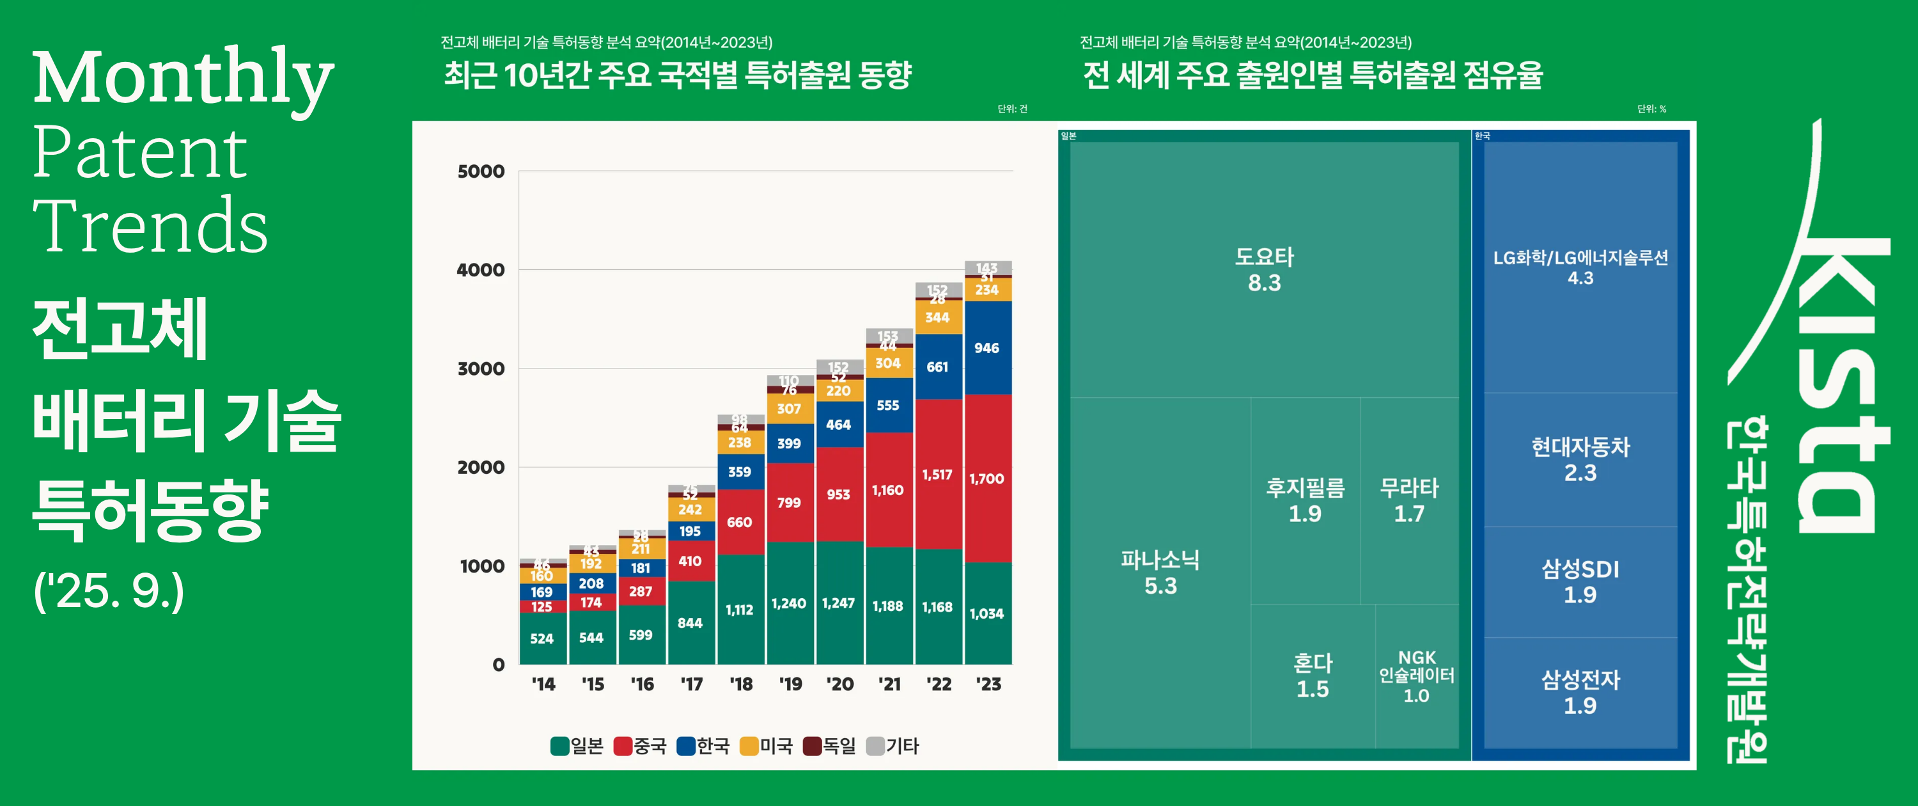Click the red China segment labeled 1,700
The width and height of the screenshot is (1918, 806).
987,478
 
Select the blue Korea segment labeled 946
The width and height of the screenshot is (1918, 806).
987,348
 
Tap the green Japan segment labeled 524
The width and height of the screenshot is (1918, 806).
542,638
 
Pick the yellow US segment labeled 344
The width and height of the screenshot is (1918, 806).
937,318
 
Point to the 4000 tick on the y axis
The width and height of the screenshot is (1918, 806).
481,270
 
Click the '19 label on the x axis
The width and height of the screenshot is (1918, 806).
790,684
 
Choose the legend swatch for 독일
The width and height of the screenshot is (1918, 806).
813,746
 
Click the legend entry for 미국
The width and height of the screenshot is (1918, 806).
767,746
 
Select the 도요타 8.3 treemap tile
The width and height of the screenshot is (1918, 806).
1263,270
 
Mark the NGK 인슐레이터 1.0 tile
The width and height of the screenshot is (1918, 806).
1416,676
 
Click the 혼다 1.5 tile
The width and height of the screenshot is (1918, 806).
1312,676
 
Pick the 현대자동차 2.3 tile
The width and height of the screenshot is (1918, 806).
1580,460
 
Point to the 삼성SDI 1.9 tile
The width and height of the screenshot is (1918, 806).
1580,581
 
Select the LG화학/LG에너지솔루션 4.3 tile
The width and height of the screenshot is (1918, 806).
1580,267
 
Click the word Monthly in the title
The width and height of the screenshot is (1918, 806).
183,77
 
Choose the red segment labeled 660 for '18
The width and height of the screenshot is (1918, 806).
739,521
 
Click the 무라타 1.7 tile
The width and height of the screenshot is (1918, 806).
1408,501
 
